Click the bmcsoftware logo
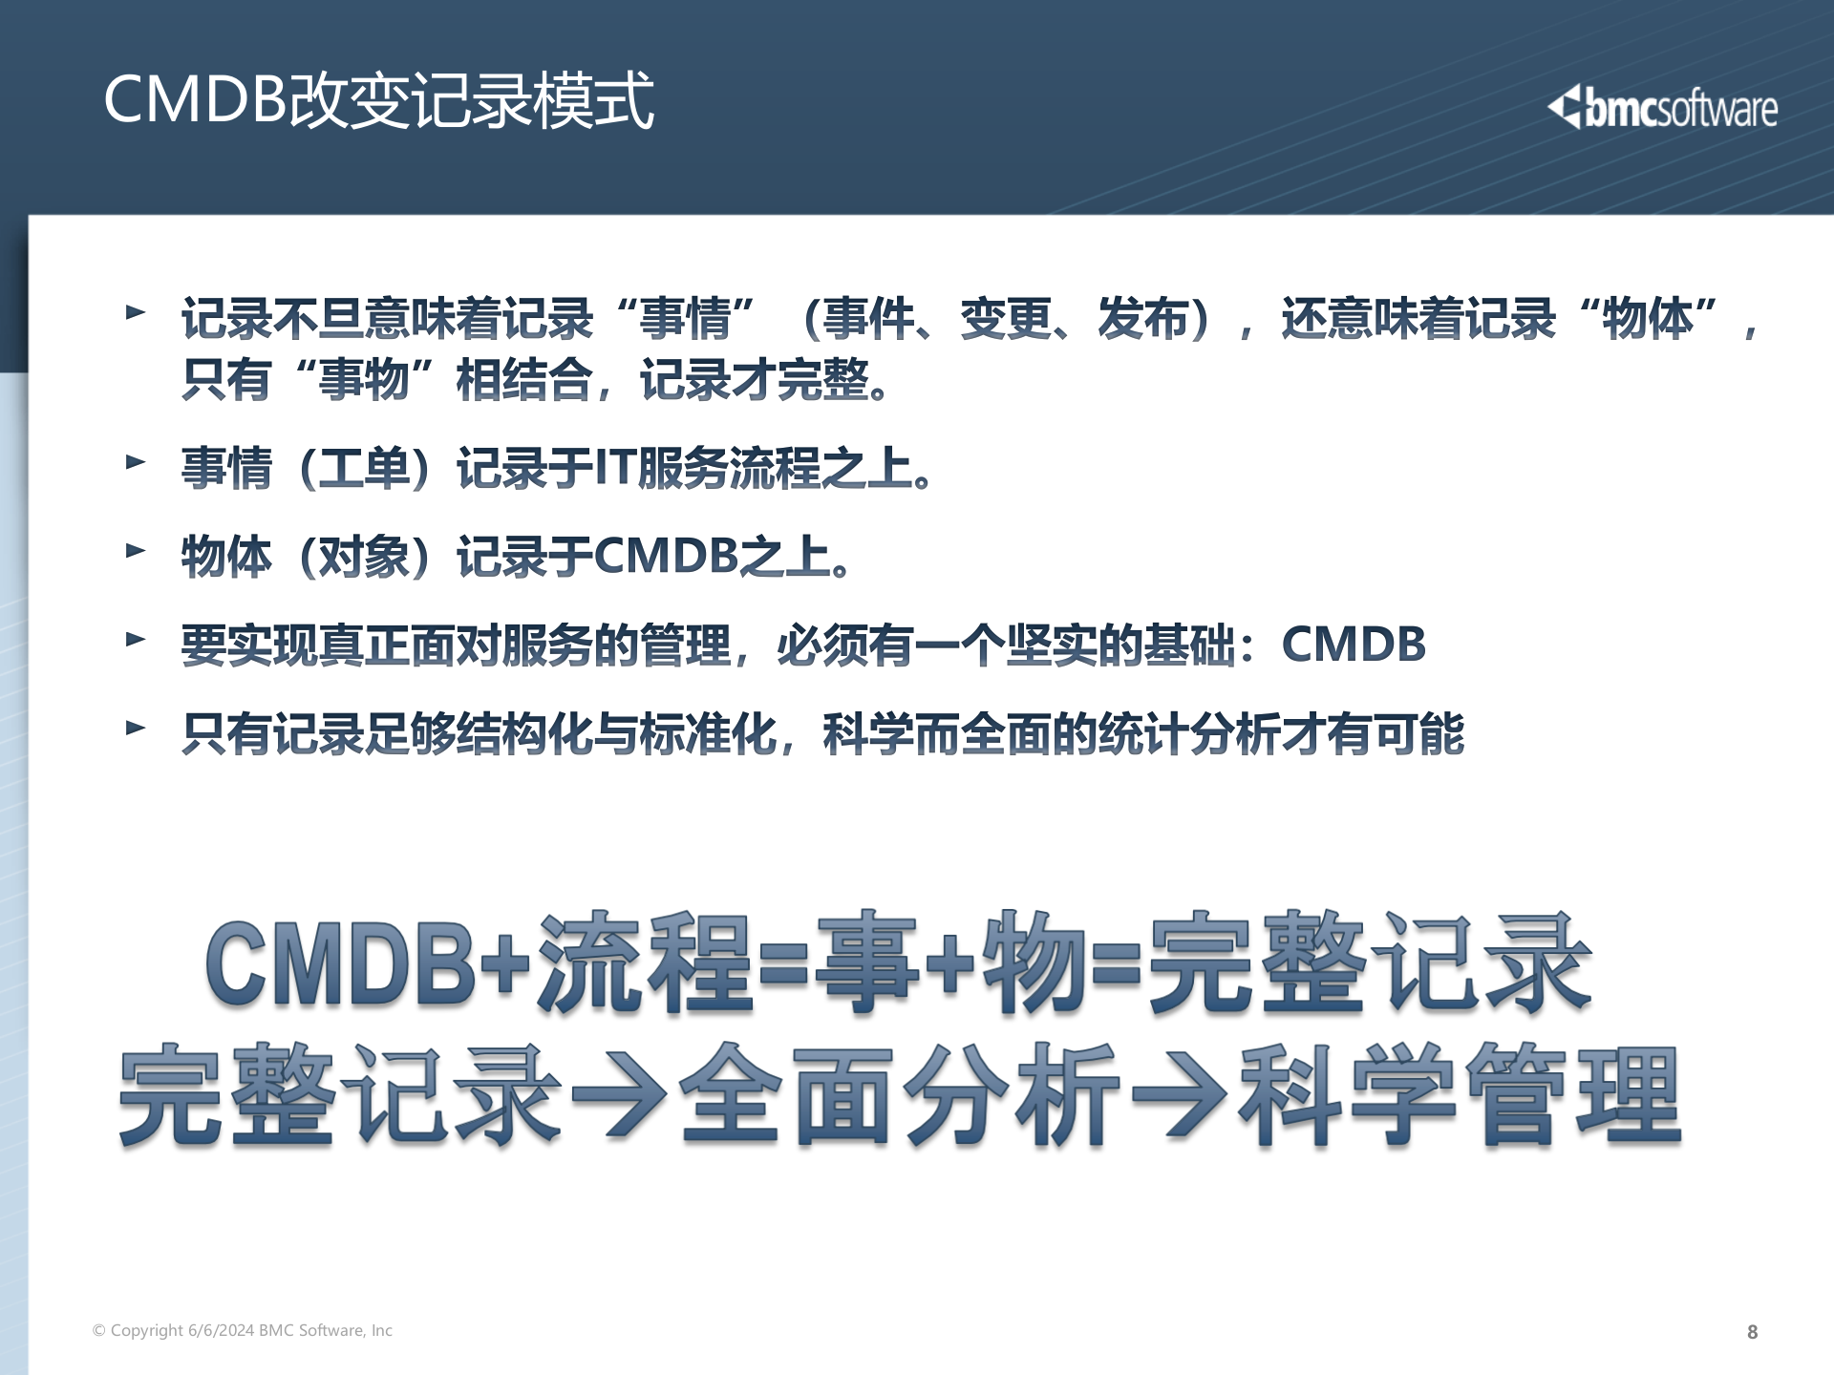click(x=1662, y=108)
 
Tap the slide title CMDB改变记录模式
click(x=378, y=99)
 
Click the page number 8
click(x=1752, y=1332)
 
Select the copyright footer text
click(x=243, y=1330)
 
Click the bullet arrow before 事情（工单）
click(x=136, y=463)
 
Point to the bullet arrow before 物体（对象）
click(x=136, y=551)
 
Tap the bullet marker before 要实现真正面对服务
click(x=136, y=640)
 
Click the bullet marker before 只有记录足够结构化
click(x=136, y=729)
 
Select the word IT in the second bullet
click(x=614, y=468)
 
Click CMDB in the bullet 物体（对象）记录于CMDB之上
click(x=666, y=556)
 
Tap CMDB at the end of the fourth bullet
click(x=1353, y=645)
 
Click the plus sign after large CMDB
click(x=505, y=964)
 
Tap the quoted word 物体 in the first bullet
click(x=1648, y=318)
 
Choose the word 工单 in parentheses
click(x=363, y=468)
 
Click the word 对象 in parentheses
click(x=363, y=556)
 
